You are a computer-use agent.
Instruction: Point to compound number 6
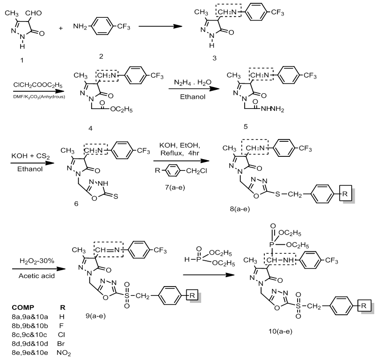[75, 205]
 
